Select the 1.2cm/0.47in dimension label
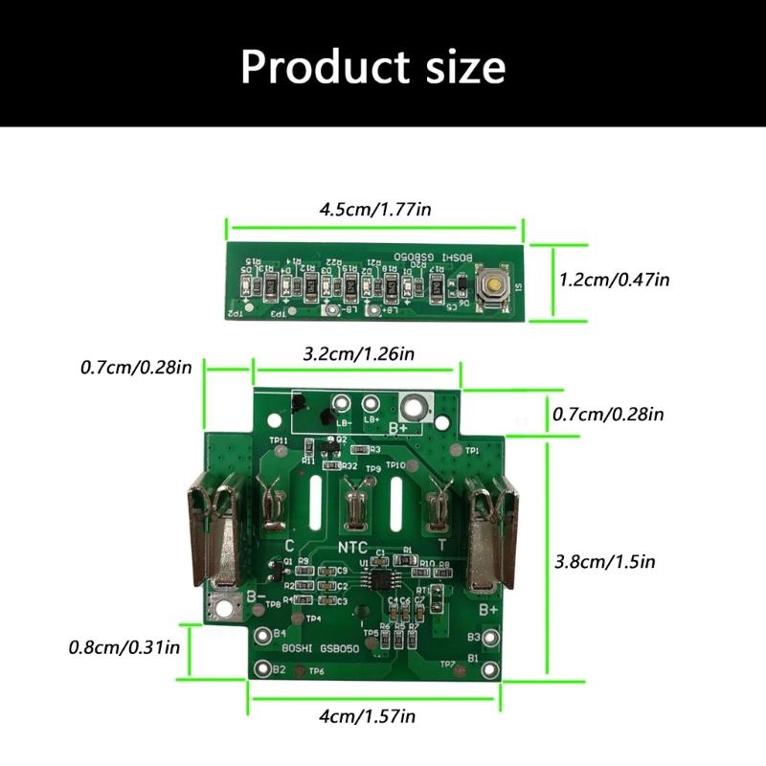tap(614, 280)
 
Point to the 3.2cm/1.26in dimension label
tap(358, 353)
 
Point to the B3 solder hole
tap(491, 637)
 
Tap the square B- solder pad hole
tap(226, 607)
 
